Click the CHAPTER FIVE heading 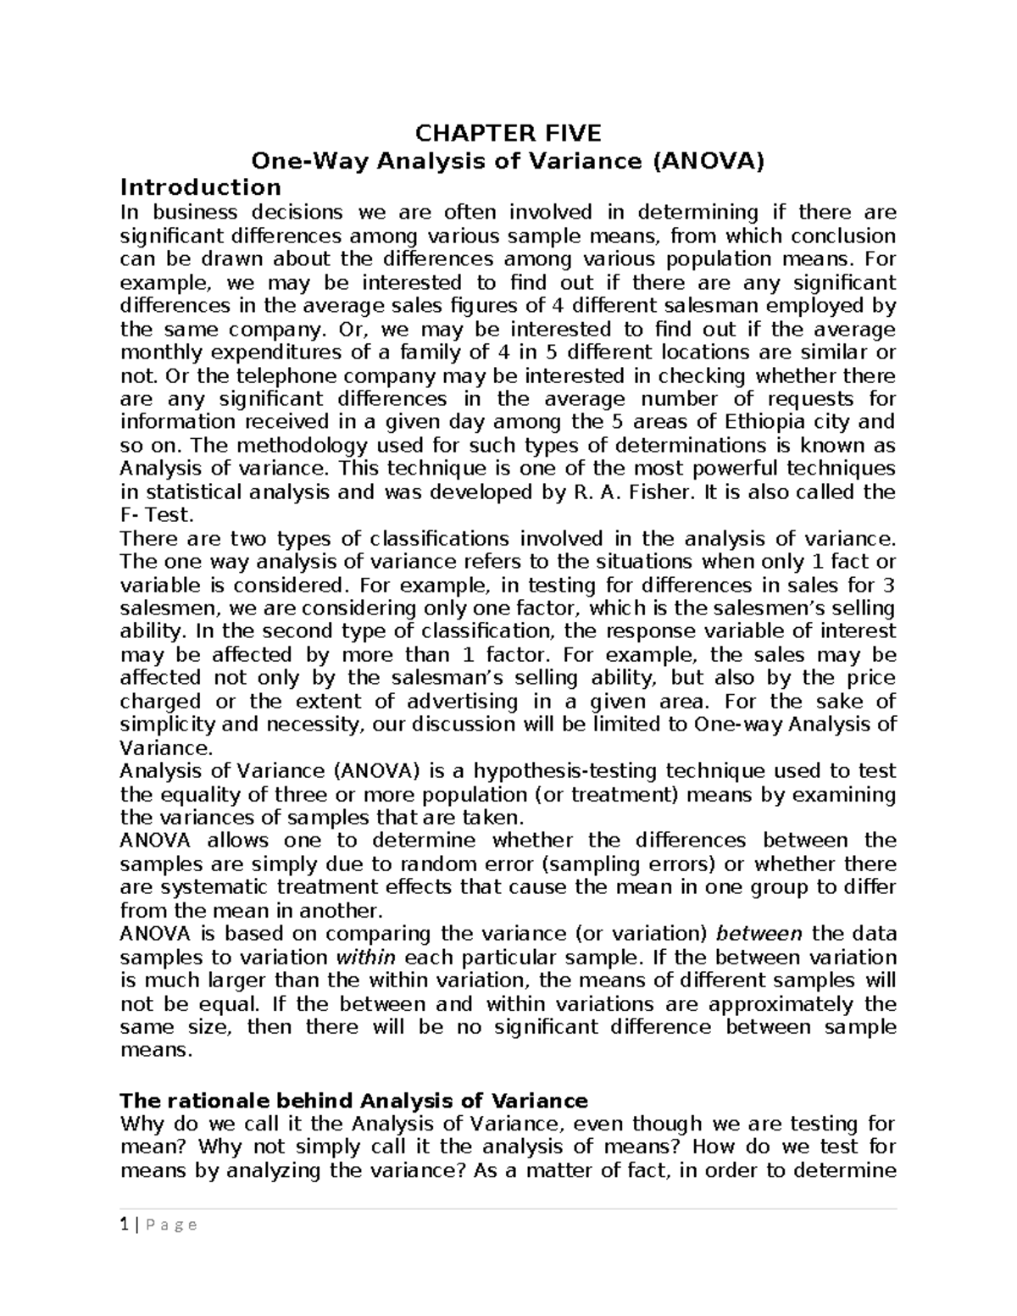[507, 133]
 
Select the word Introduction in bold [200, 186]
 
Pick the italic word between [759, 934]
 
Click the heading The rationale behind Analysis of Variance [353, 1101]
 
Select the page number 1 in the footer [125, 1224]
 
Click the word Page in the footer [169, 1224]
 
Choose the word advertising [462, 702]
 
